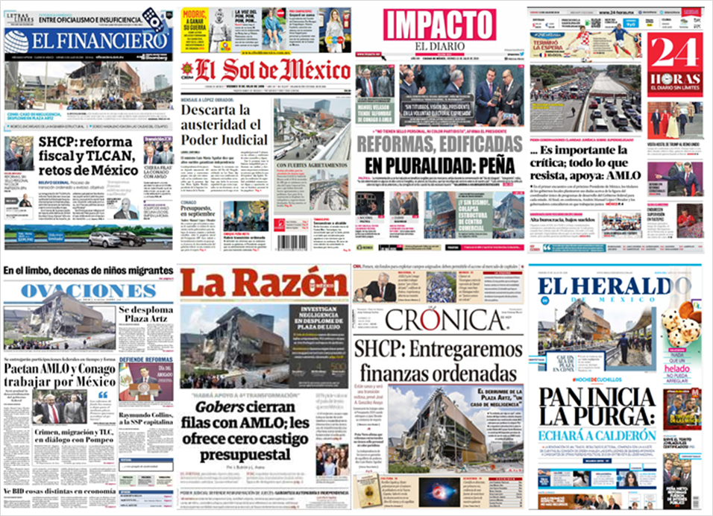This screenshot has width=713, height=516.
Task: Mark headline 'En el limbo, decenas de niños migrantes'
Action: click(88, 269)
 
